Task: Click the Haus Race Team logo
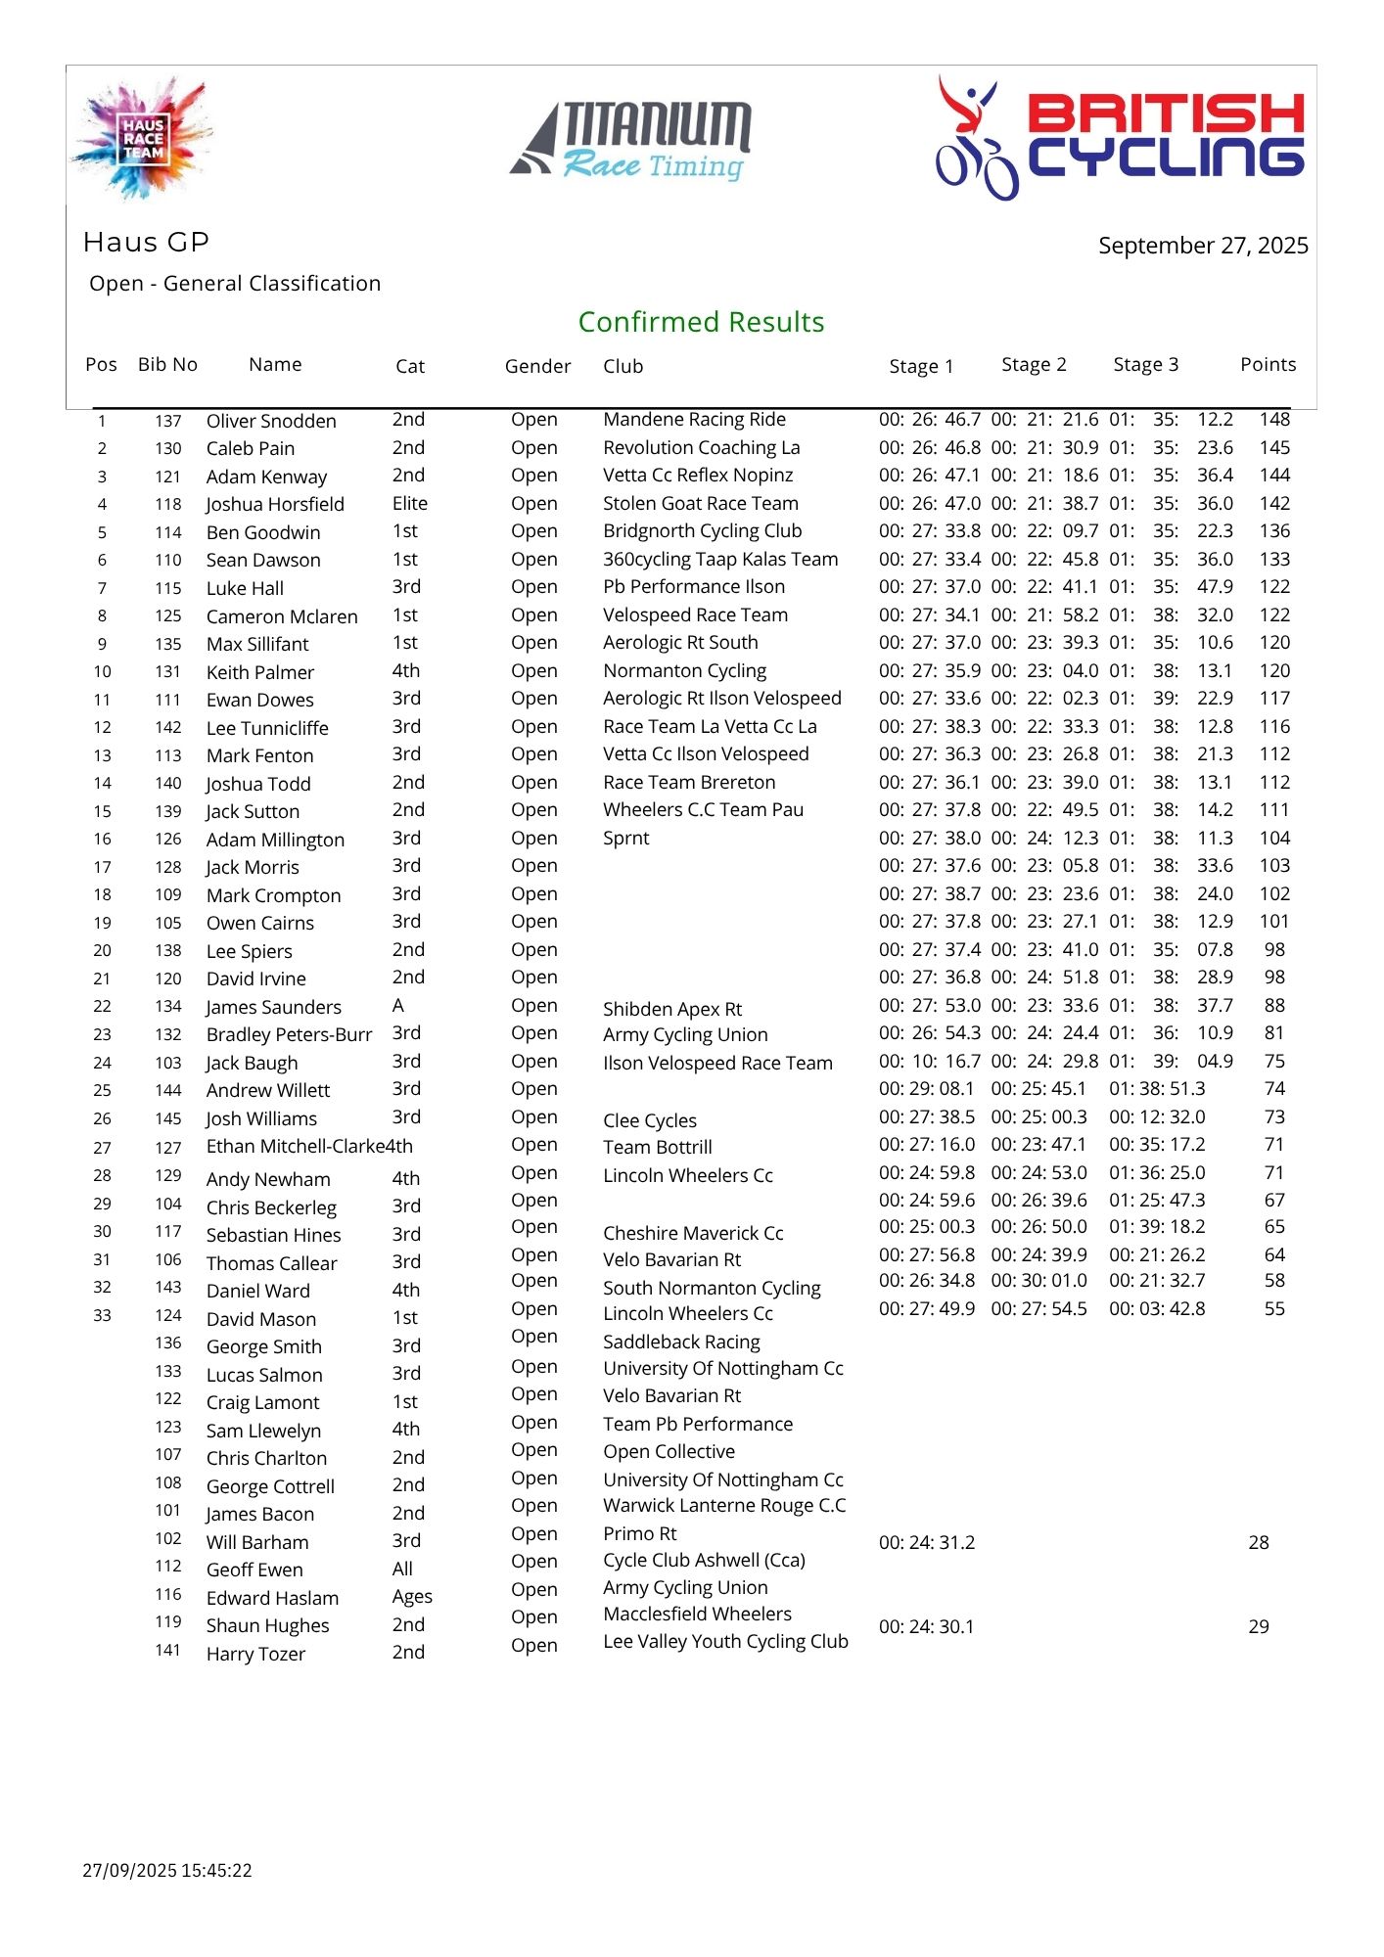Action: pyautogui.click(x=143, y=137)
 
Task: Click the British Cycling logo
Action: pyautogui.click(x=1120, y=137)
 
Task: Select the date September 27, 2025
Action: pyautogui.click(x=1202, y=246)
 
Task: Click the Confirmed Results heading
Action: pyautogui.click(x=701, y=322)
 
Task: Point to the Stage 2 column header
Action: pyautogui.click(x=1034, y=365)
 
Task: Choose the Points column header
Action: pyautogui.click(x=1268, y=365)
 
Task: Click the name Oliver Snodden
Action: pyautogui.click(x=271, y=421)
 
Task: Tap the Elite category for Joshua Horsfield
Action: pyautogui.click(x=410, y=504)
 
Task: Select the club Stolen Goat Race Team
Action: pyautogui.click(x=701, y=504)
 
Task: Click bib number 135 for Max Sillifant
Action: pyautogui.click(x=168, y=644)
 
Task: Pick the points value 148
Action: pyautogui.click(x=1274, y=420)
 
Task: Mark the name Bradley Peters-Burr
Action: pyautogui.click(x=289, y=1035)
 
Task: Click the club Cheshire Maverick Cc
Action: pyautogui.click(x=693, y=1234)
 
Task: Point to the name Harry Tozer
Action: pyautogui.click(x=255, y=1655)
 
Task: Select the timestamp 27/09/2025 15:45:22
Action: pyautogui.click(x=167, y=1871)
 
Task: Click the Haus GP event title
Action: pyautogui.click(x=146, y=242)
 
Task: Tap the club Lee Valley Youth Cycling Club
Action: pyautogui.click(x=725, y=1642)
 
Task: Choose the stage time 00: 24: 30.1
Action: pyautogui.click(x=926, y=1627)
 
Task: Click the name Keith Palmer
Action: pyautogui.click(x=260, y=673)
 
